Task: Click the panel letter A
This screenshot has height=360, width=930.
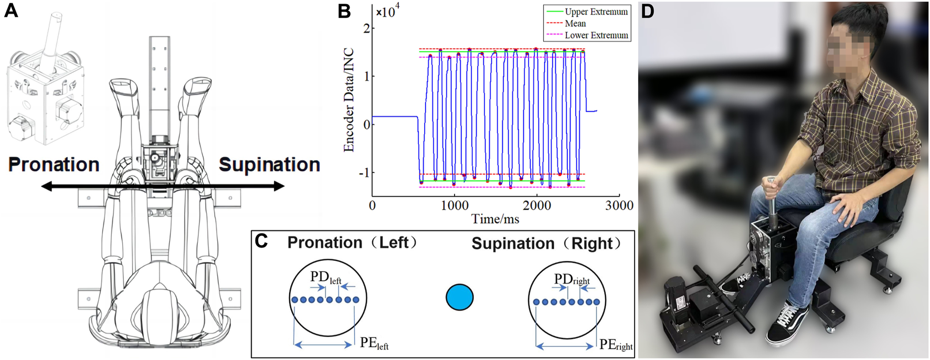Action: pyautogui.click(x=12, y=10)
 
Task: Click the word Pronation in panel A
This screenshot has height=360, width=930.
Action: pyautogui.click(x=54, y=165)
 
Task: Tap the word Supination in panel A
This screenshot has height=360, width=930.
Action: pyautogui.click(x=269, y=165)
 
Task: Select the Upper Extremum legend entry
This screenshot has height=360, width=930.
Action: pyautogui.click(x=596, y=12)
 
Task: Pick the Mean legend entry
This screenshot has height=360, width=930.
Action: pyautogui.click(x=575, y=24)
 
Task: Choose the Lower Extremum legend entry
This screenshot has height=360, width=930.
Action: pyautogui.click(x=596, y=36)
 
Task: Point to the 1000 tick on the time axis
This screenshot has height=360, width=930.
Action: pyautogui.click(x=455, y=206)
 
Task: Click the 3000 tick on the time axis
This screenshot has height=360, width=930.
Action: pyautogui.click(x=619, y=206)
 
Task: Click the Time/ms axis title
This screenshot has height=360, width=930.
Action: pyautogui.click(x=495, y=219)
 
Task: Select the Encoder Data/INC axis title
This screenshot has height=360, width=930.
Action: pyautogui.click(x=349, y=100)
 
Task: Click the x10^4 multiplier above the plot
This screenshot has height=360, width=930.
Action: pyautogui.click(x=388, y=12)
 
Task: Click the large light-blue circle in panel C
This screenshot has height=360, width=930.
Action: pyautogui.click(x=459, y=297)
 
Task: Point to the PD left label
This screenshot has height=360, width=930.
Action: pyautogui.click(x=326, y=277)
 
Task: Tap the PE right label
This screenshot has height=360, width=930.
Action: pyautogui.click(x=616, y=345)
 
